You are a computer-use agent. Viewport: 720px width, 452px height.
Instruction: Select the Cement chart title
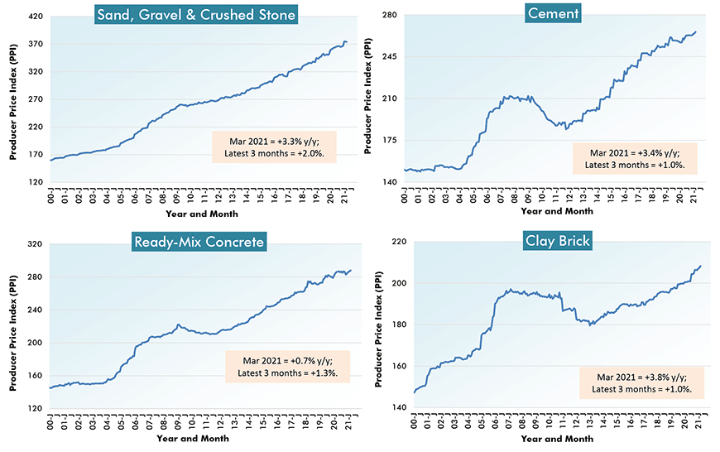click(552, 12)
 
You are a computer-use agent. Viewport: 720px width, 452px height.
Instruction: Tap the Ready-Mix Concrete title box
click(199, 242)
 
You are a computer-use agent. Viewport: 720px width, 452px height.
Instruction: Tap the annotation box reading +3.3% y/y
click(274, 147)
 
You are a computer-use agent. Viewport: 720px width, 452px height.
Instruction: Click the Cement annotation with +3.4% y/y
click(635, 159)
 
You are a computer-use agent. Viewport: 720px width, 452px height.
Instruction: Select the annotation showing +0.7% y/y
click(287, 366)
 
